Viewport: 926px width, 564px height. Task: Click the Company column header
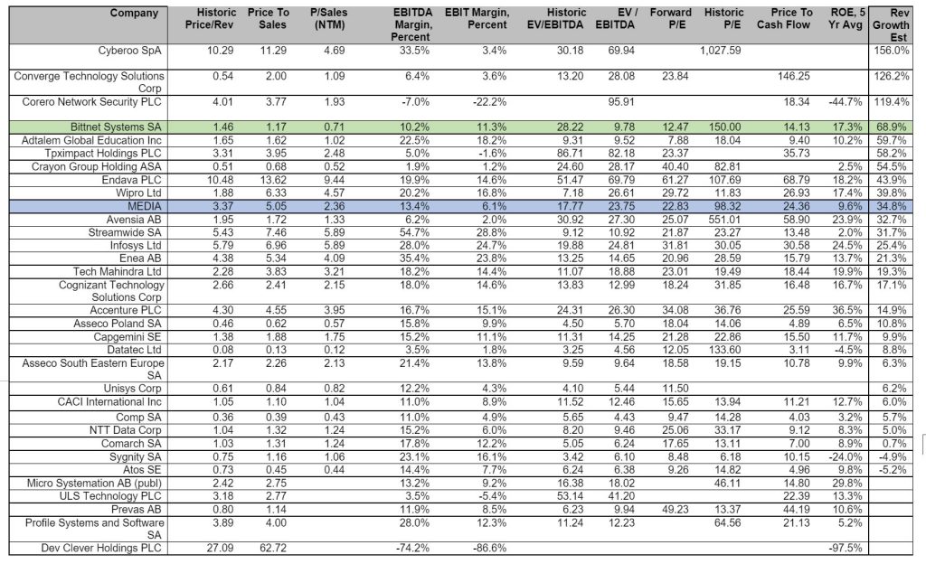point(134,13)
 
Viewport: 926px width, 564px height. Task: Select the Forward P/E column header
point(670,19)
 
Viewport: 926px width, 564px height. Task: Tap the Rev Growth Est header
point(891,25)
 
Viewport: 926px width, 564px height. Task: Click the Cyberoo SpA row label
point(129,51)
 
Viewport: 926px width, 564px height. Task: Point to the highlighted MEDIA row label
point(144,206)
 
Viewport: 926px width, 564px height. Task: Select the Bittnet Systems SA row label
point(116,127)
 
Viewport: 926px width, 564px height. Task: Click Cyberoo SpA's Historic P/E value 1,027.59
point(720,51)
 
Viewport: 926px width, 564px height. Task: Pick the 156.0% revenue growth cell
point(891,51)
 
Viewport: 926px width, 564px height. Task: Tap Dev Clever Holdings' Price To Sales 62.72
point(273,548)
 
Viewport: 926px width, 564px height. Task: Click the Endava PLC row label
point(131,180)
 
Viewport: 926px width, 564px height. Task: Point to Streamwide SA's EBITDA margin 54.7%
point(414,232)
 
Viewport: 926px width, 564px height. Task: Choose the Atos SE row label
point(142,470)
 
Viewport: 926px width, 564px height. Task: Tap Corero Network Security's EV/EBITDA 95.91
point(621,102)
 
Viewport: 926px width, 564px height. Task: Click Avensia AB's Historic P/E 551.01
point(724,220)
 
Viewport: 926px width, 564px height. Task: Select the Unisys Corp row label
point(132,389)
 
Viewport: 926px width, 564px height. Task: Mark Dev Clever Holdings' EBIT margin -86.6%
point(489,548)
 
